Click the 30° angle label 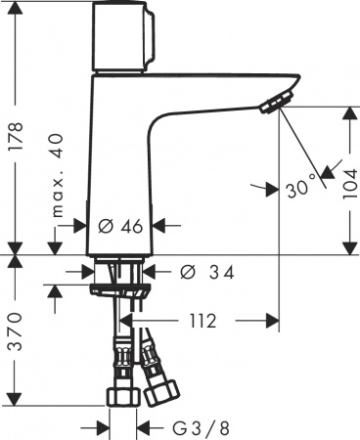(x=300, y=184)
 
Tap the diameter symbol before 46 (x=105, y=226)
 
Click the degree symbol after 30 (x=313, y=180)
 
